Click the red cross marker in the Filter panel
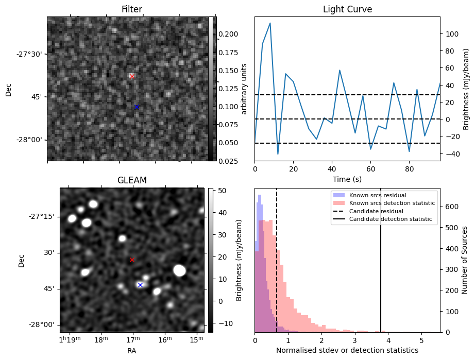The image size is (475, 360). [x=132, y=76]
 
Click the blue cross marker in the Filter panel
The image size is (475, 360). [x=137, y=107]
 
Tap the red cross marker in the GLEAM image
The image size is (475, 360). [x=132, y=260]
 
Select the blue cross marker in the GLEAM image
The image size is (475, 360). [x=140, y=285]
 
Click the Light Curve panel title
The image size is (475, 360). [x=347, y=9]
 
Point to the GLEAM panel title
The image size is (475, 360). [x=132, y=180]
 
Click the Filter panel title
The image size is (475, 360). [x=132, y=9]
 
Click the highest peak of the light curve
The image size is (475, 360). [x=270, y=23]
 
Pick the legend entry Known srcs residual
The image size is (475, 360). [x=378, y=195]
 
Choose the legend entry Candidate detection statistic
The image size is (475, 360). [x=391, y=219]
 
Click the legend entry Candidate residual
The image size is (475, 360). [x=376, y=211]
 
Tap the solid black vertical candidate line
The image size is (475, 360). [x=381, y=260]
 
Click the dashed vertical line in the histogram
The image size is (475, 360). [x=277, y=260]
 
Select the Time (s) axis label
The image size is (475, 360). [x=347, y=179]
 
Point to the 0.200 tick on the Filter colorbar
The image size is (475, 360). [x=228, y=34]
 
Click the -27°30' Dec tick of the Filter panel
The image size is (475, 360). [x=29, y=54]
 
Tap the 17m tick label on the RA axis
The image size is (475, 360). [x=133, y=340]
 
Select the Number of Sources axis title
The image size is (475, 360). [x=465, y=260]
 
